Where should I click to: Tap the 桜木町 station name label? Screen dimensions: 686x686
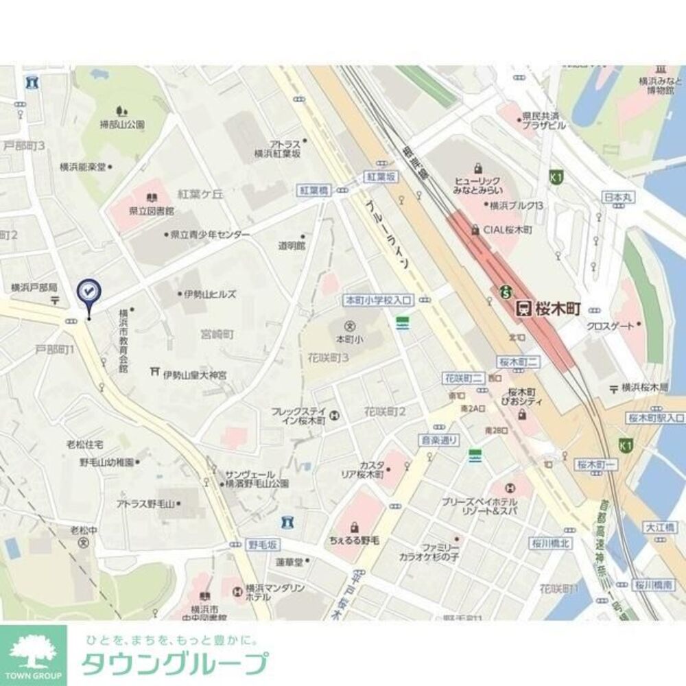(557, 309)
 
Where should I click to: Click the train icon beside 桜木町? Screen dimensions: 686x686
(523, 309)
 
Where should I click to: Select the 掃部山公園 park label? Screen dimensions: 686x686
(122, 124)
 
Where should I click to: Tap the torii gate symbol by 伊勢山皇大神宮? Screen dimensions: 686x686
(154, 372)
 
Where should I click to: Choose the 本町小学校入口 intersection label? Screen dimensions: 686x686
(379, 299)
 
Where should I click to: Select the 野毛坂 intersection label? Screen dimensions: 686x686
(264, 544)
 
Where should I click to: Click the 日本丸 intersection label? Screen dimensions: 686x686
(617, 198)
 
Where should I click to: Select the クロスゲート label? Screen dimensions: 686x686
(610, 327)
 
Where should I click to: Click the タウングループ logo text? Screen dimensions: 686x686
(174, 664)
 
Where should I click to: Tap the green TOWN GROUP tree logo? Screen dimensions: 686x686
(33, 654)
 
